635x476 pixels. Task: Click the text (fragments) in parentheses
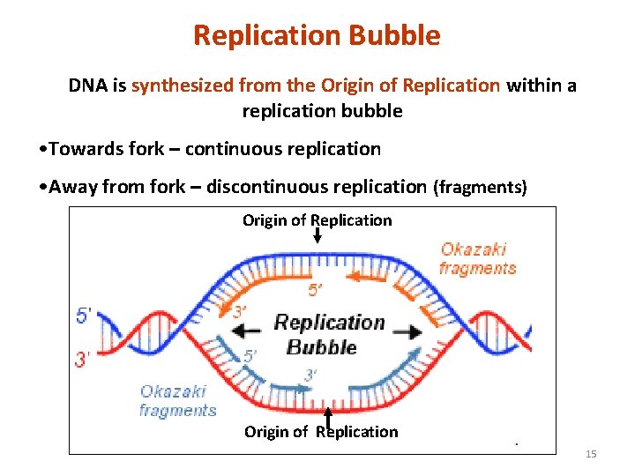pyautogui.click(x=480, y=187)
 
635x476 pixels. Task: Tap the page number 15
pyautogui.click(x=591, y=453)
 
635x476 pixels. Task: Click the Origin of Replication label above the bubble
pyautogui.click(x=317, y=219)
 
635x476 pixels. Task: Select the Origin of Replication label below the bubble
pyautogui.click(x=321, y=431)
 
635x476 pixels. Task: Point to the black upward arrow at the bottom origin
pyautogui.click(x=327, y=414)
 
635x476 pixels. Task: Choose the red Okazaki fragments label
pyautogui.click(x=477, y=259)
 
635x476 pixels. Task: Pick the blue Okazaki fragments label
pyautogui.click(x=177, y=400)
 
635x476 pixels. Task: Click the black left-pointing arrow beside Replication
pyautogui.click(x=248, y=331)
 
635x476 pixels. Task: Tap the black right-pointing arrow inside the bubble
pyautogui.click(x=407, y=332)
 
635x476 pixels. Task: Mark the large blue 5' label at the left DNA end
pyautogui.click(x=85, y=315)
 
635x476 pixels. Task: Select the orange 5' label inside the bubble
pyautogui.click(x=315, y=290)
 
